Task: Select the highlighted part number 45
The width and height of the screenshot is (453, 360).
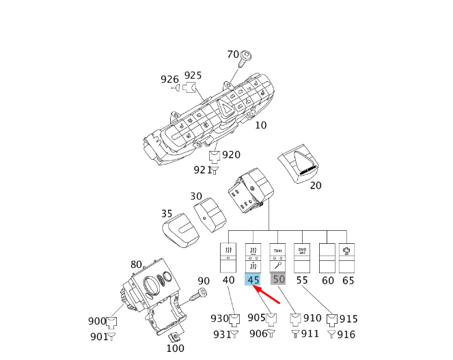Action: coord(253,279)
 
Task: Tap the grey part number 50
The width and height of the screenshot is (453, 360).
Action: coord(278,279)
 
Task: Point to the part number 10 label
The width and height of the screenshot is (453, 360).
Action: coord(261,126)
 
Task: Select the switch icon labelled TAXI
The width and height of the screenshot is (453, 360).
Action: coord(278,258)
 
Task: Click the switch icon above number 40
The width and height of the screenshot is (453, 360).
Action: coord(228,258)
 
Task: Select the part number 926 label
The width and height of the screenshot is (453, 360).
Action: coord(169,80)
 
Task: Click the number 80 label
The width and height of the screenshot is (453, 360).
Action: coord(136,265)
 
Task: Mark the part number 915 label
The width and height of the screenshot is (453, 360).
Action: coord(348,319)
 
